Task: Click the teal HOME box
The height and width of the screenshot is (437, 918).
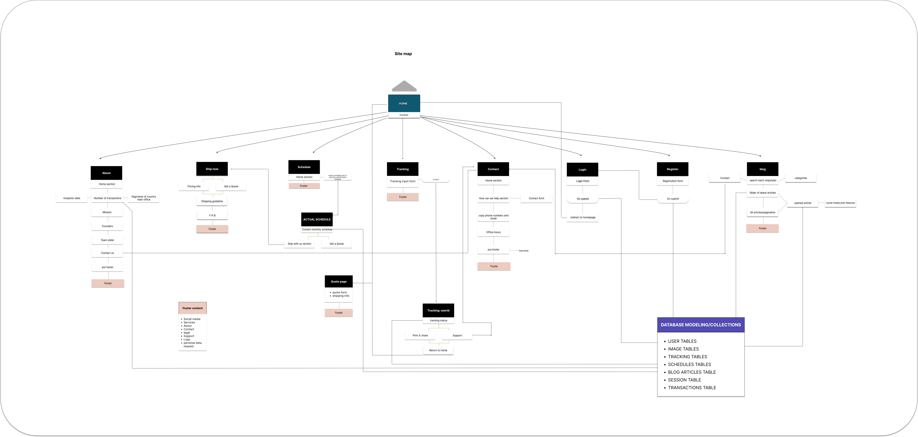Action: coord(404,103)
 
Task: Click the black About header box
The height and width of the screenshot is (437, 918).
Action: coord(106,173)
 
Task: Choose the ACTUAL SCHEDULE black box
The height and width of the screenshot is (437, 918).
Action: coord(317,219)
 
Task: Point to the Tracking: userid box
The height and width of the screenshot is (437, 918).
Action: coord(438,310)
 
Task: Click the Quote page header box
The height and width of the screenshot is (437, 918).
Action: coord(338,281)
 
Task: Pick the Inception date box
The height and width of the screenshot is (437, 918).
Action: coord(72,198)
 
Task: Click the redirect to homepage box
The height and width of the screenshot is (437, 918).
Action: coord(583,217)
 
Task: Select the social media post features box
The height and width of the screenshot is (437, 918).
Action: coord(840,203)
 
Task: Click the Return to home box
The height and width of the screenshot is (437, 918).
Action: coord(438,350)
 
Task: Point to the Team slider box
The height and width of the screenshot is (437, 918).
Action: coord(107,240)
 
